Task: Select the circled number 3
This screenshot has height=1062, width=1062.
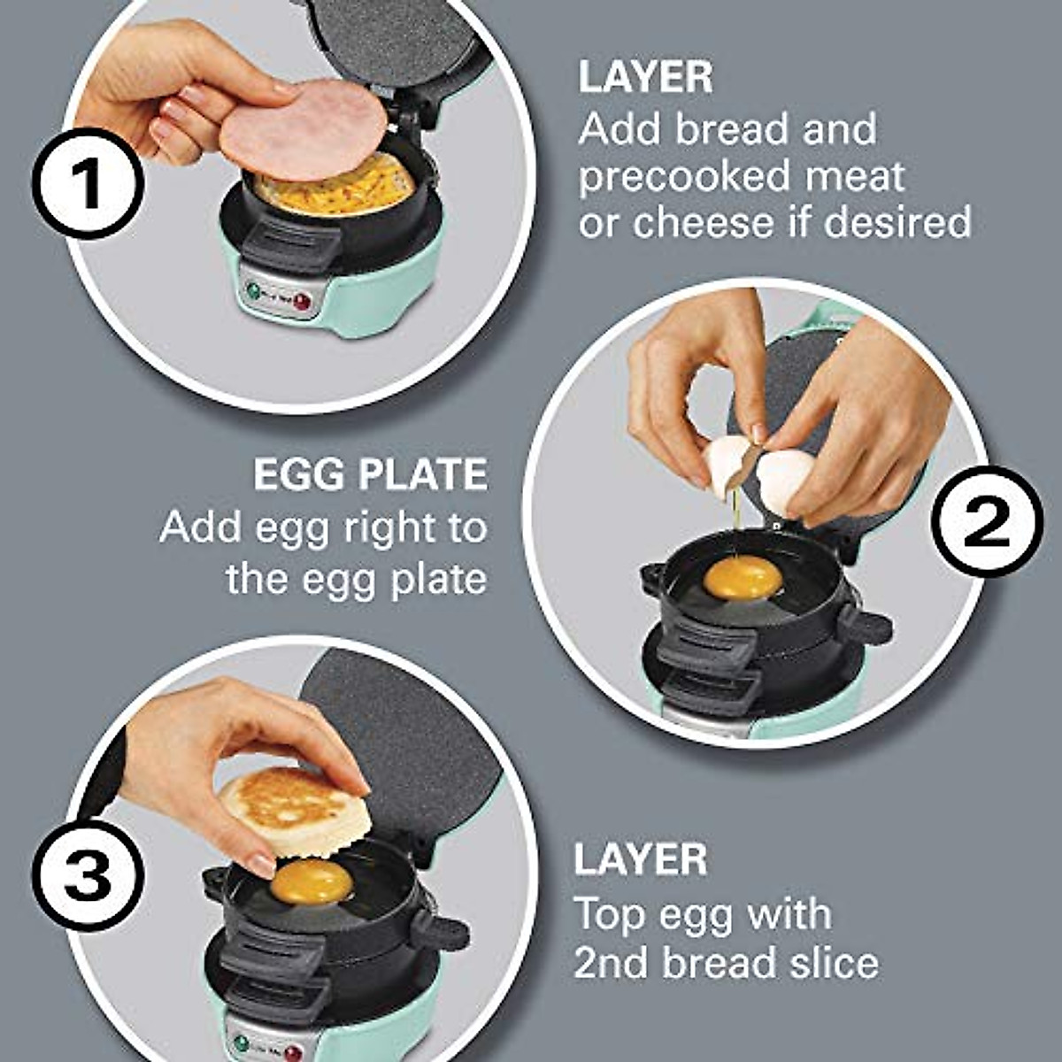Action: (88, 873)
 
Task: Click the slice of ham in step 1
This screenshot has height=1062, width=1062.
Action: (304, 129)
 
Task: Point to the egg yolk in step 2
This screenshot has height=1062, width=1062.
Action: (743, 578)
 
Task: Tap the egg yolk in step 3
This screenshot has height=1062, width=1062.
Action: (311, 881)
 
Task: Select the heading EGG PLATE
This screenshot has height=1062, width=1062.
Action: (370, 475)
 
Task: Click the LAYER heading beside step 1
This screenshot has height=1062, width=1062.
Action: (645, 78)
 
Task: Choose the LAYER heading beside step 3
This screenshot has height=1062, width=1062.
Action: (640, 860)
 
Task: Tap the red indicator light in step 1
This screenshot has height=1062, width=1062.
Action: (302, 301)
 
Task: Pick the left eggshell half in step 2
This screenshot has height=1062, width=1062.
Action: (728, 464)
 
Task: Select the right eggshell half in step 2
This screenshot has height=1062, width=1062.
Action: (786, 479)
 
